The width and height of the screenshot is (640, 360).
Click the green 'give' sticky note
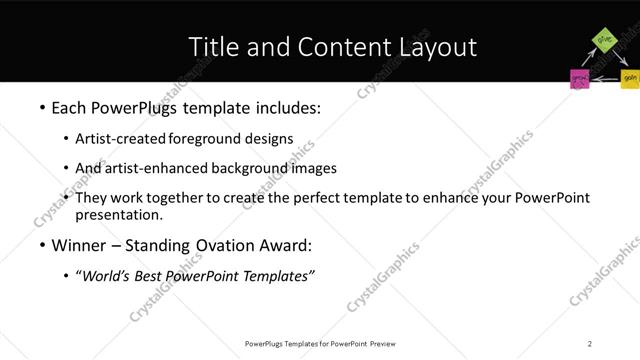pyautogui.click(x=604, y=40)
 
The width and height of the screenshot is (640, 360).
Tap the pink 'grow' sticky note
pyautogui.click(x=579, y=78)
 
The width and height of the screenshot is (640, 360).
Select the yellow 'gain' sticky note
pyautogui.click(x=629, y=77)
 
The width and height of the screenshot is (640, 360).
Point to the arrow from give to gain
pyautogui.click(x=619, y=57)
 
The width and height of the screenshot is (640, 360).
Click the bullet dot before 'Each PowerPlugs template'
pyautogui.click(x=41, y=107)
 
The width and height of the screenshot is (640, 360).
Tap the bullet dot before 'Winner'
pyautogui.click(x=41, y=245)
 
